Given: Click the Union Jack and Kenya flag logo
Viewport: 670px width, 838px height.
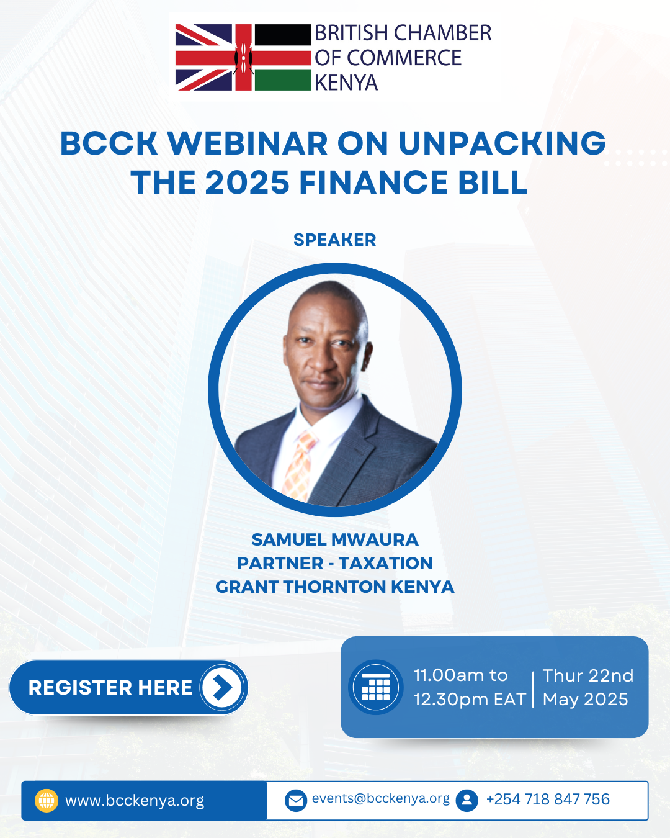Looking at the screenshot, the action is pyautogui.click(x=243, y=57).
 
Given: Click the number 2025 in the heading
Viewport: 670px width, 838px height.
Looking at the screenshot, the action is pyautogui.click(x=247, y=182).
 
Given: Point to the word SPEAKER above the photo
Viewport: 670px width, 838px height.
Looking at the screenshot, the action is pyautogui.click(x=335, y=240).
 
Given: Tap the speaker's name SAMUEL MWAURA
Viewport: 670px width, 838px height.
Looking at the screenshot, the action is pyautogui.click(x=335, y=539).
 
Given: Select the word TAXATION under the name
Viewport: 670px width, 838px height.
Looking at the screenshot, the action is pyautogui.click(x=385, y=563).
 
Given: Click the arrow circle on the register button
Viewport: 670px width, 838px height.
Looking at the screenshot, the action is pyautogui.click(x=222, y=687).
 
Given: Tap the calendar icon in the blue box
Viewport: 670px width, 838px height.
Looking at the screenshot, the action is pyautogui.click(x=376, y=687).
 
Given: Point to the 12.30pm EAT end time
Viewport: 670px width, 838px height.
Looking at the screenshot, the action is pyautogui.click(x=470, y=700).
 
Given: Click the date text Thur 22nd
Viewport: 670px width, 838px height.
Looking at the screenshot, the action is pyautogui.click(x=588, y=675).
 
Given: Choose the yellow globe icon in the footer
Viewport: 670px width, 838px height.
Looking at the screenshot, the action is pyautogui.click(x=47, y=801).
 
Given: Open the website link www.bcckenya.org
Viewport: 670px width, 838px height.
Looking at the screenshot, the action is pyautogui.click(x=135, y=801).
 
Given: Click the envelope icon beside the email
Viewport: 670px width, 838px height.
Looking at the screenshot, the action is pyautogui.click(x=296, y=801).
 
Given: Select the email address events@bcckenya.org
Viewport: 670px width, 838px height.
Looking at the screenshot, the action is pyautogui.click(x=381, y=799).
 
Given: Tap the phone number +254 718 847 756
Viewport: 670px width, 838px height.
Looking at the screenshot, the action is pyautogui.click(x=548, y=799).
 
